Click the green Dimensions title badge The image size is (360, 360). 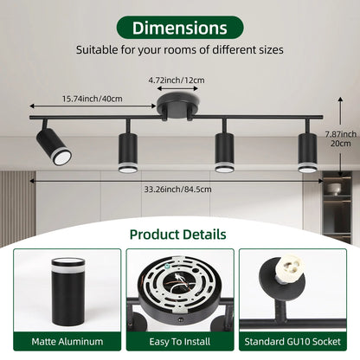(x=180, y=28)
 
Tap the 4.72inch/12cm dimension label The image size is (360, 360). (x=177, y=80)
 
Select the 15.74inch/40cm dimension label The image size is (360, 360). (x=93, y=99)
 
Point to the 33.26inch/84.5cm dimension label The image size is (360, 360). (x=178, y=190)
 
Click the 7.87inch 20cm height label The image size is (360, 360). (x=341, y=138)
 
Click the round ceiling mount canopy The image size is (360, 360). (x=178, y=105)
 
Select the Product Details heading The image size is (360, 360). (x=178, y=235)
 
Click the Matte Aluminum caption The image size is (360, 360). (x=67, y=342)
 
